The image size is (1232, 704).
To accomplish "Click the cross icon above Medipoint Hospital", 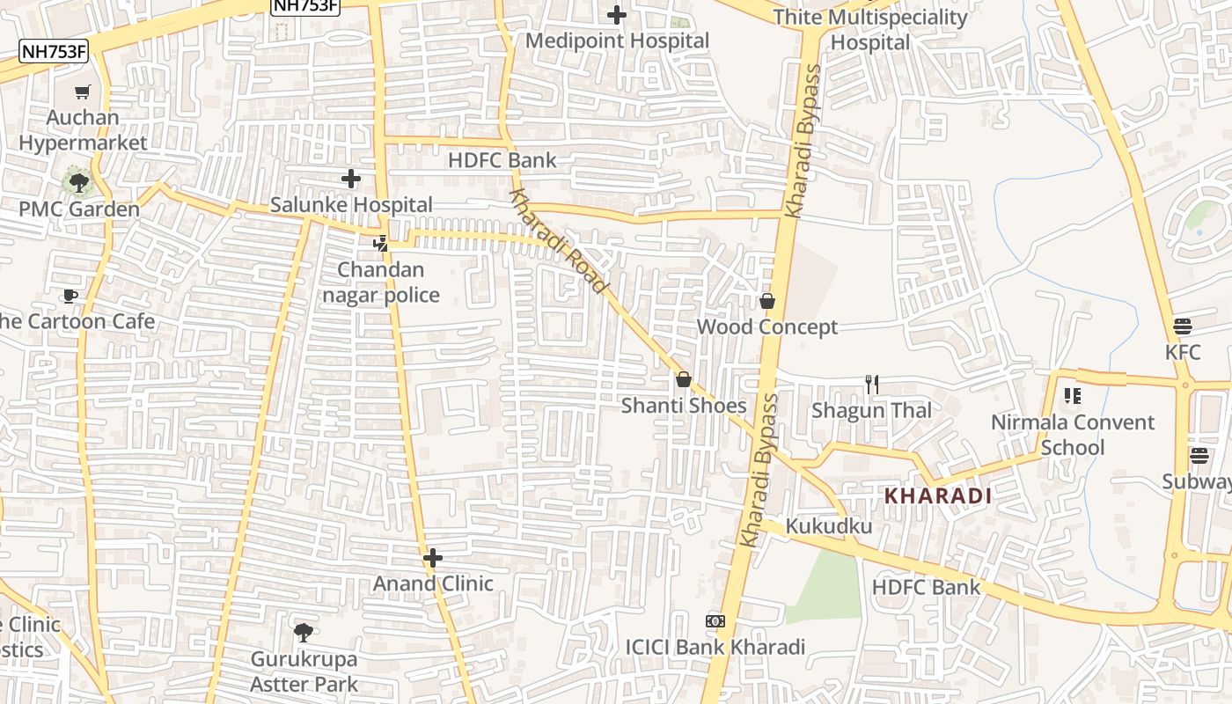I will point(617,15).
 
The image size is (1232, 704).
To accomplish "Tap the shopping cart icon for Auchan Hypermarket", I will point(83,92).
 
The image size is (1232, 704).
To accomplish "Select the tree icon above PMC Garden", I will point(79,183).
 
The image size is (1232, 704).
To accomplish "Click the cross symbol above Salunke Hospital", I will point(351,180).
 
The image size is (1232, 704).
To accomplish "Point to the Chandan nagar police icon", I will point(381,244).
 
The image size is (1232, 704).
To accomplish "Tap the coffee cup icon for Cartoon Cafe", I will point(70,296).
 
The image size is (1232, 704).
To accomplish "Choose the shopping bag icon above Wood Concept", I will point(767,302).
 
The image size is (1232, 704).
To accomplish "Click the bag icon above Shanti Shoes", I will point(683,380).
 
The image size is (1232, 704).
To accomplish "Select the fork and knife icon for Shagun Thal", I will point(871,385).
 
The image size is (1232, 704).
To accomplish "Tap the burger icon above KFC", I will point(1182,326).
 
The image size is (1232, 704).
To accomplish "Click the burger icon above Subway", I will point(1199,456).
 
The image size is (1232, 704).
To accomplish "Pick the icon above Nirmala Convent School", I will point(1072,396).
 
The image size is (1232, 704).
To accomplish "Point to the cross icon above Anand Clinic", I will point(432,558).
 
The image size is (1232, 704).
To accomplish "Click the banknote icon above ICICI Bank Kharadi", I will point(715,621).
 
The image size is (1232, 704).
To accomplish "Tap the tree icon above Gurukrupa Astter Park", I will point(304,632).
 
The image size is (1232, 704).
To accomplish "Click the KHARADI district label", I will point(938,495).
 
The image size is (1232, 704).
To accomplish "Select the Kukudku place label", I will point(829,526).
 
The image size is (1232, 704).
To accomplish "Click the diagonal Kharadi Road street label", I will point(558,241).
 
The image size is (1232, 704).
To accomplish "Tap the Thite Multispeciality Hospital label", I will point(869,30).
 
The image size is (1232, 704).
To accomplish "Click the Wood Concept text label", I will point(767,327).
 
